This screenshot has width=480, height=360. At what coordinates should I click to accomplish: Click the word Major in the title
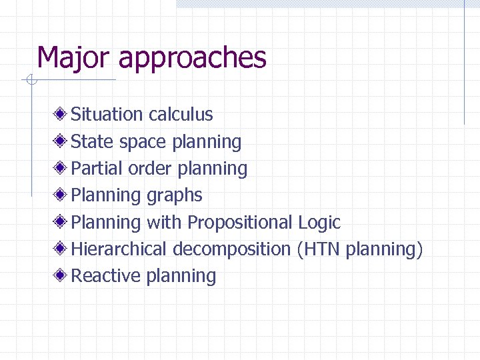click(x=73, y=58)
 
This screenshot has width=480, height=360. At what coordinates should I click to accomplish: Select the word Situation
click(x=107, y=115)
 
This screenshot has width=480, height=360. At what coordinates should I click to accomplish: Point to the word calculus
click(x=181, y=115)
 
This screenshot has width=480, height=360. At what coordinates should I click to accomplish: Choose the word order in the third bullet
click(x=150, y=169)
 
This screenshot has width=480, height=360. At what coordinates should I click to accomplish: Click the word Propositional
click(x=241, y=223)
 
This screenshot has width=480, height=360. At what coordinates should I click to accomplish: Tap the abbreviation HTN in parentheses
click(x=321, y=249)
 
